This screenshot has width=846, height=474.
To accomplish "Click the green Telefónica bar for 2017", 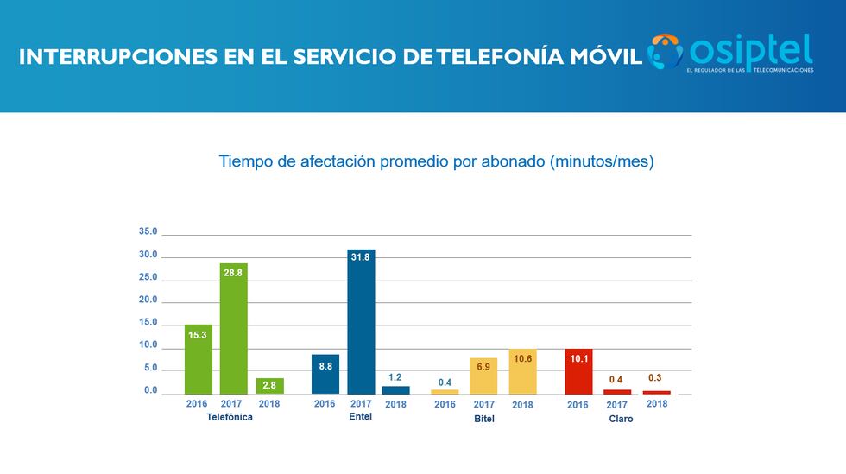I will tap(233, 328).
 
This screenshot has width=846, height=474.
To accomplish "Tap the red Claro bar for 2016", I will tap(578, 371).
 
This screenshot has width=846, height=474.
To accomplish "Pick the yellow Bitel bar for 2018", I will tap(522, 371).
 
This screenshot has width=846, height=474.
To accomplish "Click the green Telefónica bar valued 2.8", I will tap(270, 386).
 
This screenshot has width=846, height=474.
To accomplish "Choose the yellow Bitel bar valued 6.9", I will tap(483, 376).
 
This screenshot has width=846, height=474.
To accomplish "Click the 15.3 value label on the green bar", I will tap(198, 334).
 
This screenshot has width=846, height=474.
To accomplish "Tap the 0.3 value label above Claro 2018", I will tap(656, 377).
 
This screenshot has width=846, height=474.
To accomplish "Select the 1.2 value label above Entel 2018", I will tap(395, 377).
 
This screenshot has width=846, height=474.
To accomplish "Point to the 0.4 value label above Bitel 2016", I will tap(445, 382).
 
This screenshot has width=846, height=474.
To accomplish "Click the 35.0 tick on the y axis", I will tap(148, 231).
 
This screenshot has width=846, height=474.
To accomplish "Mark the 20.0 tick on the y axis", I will tap(148, 300).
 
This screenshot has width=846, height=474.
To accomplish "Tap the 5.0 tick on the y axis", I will tap(149, 368).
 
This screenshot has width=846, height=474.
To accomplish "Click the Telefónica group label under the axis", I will tap(230, 418).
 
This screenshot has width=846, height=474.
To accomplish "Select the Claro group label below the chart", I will tap(620, 419).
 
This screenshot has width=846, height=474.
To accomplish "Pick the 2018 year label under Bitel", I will tap(522, 404).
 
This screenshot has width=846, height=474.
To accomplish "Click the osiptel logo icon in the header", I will tap(666, 51).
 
